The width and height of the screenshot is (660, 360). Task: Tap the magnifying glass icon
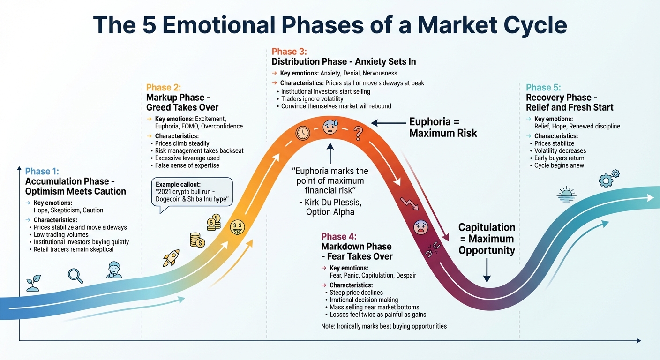(75, 275)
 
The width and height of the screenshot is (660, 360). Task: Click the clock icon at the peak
(303, 133)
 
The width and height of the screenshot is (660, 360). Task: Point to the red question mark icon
(359, 133)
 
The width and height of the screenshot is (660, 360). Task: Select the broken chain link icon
(431, 252)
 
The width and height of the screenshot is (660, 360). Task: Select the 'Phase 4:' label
(339, 236)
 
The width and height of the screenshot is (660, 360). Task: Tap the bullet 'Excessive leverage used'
(186, 158)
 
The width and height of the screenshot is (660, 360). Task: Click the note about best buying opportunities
(384, 326)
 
